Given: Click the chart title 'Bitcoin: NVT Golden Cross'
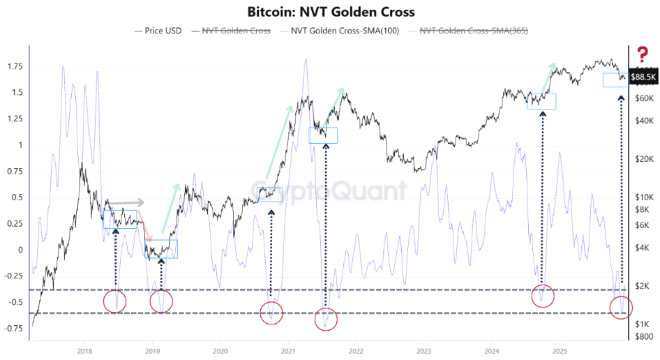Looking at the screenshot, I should pos(331,12).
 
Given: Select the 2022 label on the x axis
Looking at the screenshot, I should pos(355,350).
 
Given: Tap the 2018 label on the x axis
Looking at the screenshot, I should pos(84,350).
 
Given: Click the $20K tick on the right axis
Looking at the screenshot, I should pos(643,159).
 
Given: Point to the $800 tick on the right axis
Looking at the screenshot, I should pos(643,336).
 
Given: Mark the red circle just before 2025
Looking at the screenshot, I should pos(542,295).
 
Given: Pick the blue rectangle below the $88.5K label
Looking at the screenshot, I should pos(615,80).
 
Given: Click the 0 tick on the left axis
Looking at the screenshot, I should pos(21,250).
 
